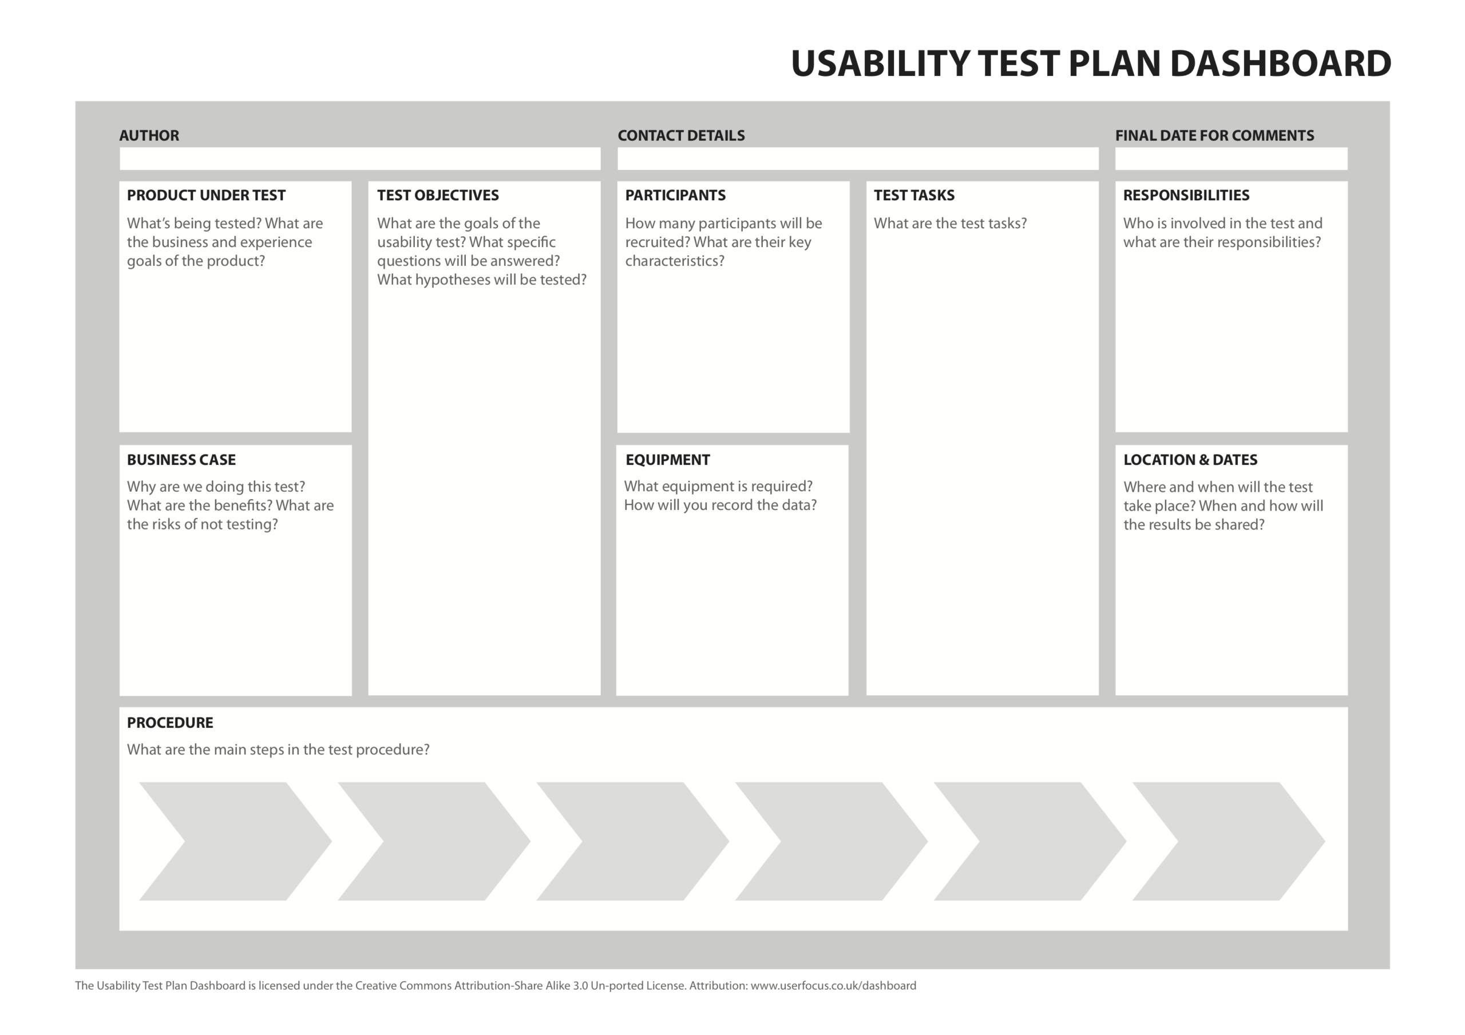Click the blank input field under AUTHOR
tap(360, 159)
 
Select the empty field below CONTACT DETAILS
tap(858, 159)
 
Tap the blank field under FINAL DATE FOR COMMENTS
tap(1231, 159)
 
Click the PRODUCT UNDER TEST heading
tap(206, 195)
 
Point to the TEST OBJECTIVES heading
tap(438, 195)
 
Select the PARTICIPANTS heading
tap(675, 195)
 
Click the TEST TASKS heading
tap(914, 195)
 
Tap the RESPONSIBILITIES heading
tap(1186, 195)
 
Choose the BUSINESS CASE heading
tap(181, 460)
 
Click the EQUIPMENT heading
tap(667, 460)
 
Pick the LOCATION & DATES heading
tap(1190, 460)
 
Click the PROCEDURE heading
tap(170, 723)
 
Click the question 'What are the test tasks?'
tap(950, 224)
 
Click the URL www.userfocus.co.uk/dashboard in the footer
tap(833, 985)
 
